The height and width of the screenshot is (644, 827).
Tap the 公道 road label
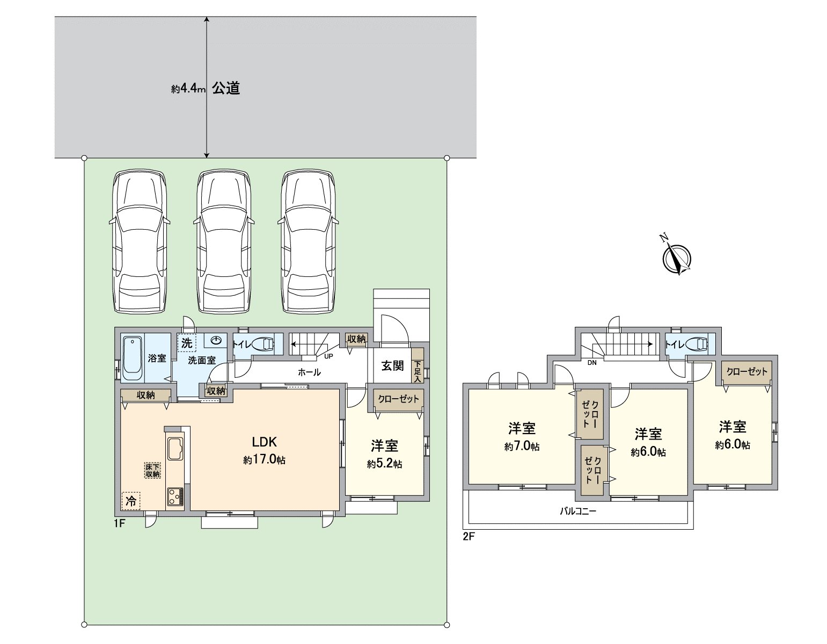225,89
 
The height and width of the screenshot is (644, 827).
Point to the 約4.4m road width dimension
188,90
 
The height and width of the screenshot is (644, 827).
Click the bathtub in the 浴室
131,357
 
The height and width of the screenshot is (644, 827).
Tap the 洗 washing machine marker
187,342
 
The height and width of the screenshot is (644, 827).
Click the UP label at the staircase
328,356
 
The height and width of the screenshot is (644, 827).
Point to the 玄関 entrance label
392,365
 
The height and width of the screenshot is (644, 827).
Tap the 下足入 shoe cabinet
418,371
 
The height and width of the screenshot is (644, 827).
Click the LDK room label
264,442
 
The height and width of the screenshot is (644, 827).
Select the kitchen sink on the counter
175,449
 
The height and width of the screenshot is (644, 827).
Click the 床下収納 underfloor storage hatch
152,470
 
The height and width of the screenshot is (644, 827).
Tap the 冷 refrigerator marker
130,501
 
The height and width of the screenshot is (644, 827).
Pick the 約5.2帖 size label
384,464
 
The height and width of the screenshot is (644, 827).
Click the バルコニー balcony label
578,511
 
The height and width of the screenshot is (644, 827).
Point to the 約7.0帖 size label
522,447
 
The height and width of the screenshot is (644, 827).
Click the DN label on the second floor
592,363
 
